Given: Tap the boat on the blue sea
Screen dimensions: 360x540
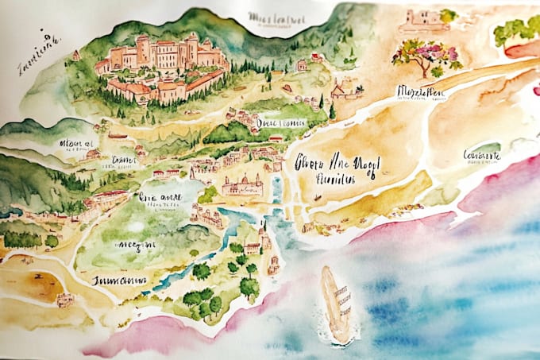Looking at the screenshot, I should [x=337, y=304].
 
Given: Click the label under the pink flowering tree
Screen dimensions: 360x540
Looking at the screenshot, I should [x=420, y=94].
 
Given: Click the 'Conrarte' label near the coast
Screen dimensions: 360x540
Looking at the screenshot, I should [x=481, y=156].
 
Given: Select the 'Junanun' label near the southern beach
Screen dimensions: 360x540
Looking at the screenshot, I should [x=118, y=281].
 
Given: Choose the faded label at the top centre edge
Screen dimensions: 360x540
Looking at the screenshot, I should [x=277, y=17].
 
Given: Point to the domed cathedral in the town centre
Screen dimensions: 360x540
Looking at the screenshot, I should [x=241, y=186].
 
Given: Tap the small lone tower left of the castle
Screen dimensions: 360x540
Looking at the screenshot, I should [x=76, y=56].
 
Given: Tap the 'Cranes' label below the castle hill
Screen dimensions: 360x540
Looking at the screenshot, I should [x=125, y=161].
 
